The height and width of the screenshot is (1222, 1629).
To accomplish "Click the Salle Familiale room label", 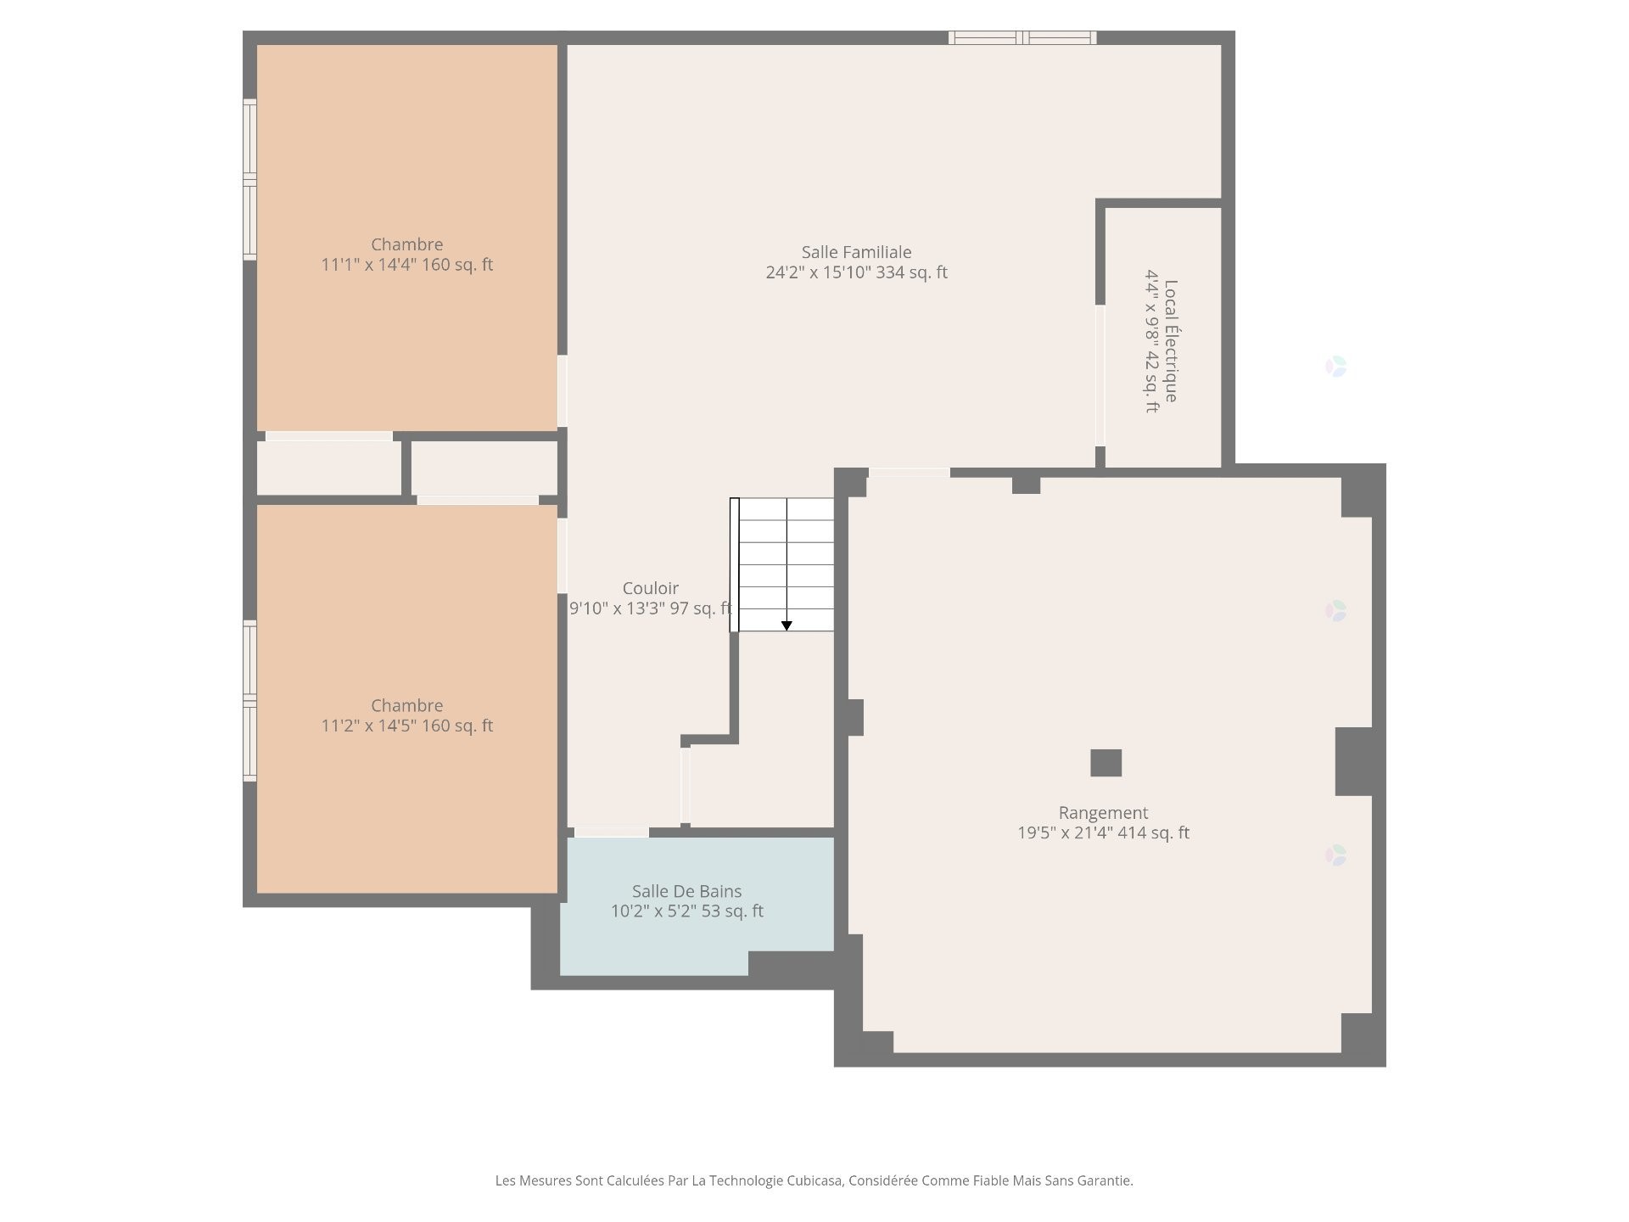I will click(x=856, y=252).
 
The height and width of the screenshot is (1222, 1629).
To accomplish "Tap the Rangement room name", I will click(x=1103, y=812).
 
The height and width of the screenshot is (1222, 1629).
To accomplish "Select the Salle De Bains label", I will click(x=686, y=891).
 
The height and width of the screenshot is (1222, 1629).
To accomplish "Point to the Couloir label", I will click(x=650, y=588).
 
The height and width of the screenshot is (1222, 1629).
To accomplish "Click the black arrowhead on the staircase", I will click(x=787, y=626).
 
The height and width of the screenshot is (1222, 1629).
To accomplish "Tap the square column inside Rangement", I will click(x=1106, y=763).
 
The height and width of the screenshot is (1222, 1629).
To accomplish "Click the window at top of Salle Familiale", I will click(x=1022, y=37).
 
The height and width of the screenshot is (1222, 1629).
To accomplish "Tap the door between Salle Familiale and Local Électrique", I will click(x=1100, y=375).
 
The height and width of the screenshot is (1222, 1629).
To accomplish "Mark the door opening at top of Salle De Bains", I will click(x=611, y=832).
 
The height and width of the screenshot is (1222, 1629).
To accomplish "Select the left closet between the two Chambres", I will click(x=328, y=468).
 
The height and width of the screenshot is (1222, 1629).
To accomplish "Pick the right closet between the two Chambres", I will click(x=484, y=468).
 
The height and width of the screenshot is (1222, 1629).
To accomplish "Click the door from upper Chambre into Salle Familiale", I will click(x=562, y=390).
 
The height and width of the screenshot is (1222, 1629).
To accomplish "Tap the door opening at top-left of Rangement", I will click(x=909, y=473).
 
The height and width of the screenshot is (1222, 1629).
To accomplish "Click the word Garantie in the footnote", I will click(x=1105, y=1180).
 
